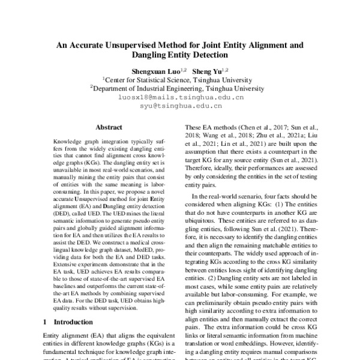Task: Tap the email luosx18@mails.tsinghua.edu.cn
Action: pos(181,96)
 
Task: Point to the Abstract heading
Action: pos(109,127)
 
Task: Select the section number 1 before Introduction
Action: pos(46,322)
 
